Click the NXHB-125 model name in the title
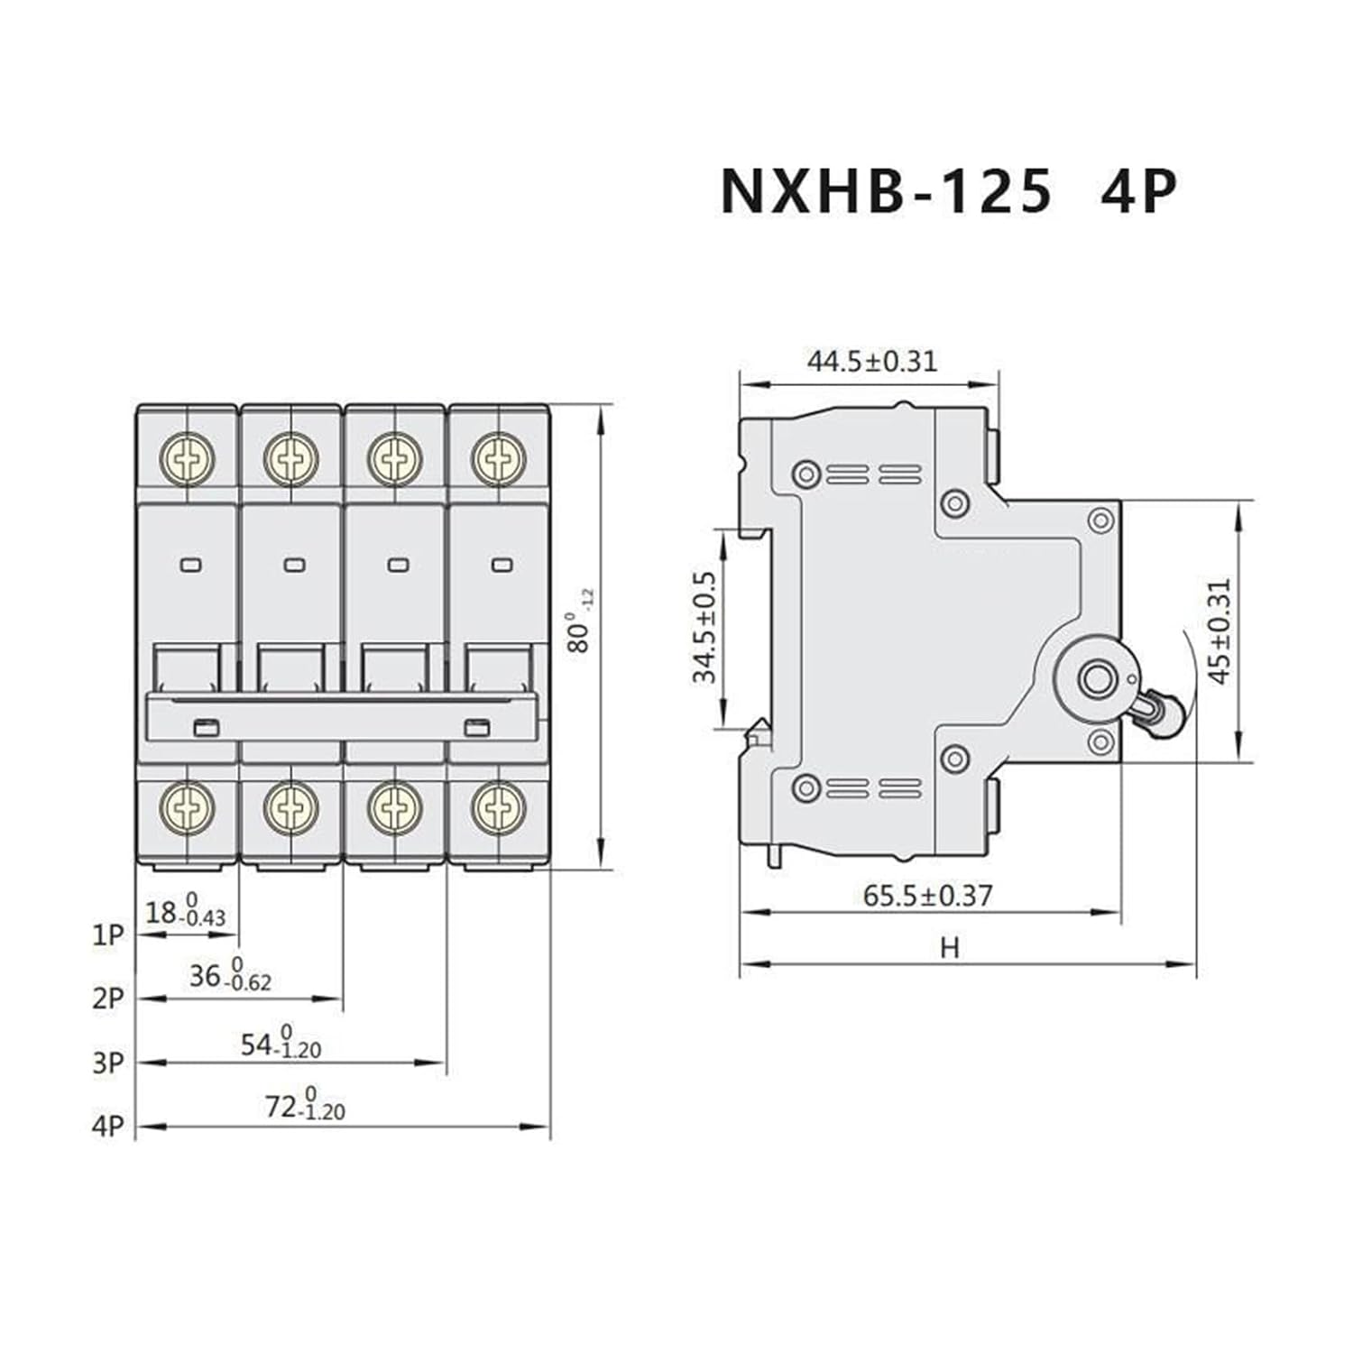click(x=886, y=191)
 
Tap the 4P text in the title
click(x=1137, y=191)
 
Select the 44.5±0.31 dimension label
click(x=871, y=361)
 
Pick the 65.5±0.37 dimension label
click(x=927, y=896)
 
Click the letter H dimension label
click(x=949, y=948)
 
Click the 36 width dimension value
click(x=206, y=975)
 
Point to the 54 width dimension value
click(x=257, y=1045)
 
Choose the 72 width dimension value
click(x=281, y=1106)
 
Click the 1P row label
click(x=107, y=935)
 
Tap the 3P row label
click(x=107, y=1063)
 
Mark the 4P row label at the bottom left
click(x=107, y=1126)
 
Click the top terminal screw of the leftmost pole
click(x=189, y=459)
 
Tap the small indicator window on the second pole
click(x=294, y=566)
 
